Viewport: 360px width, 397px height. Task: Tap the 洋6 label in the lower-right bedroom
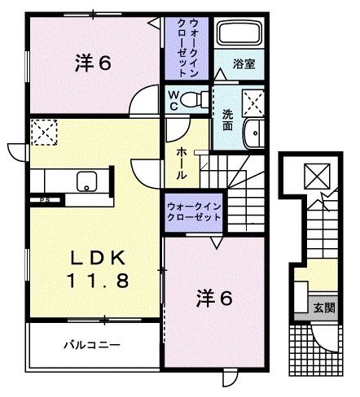point(213,299)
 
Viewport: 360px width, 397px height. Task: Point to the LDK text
point(96,258)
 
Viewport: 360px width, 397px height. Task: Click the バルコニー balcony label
point(93,345)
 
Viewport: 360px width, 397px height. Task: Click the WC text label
point(173,99)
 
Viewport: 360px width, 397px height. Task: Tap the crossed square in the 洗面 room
point(252,101)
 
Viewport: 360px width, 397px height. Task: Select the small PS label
point(37,198)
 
